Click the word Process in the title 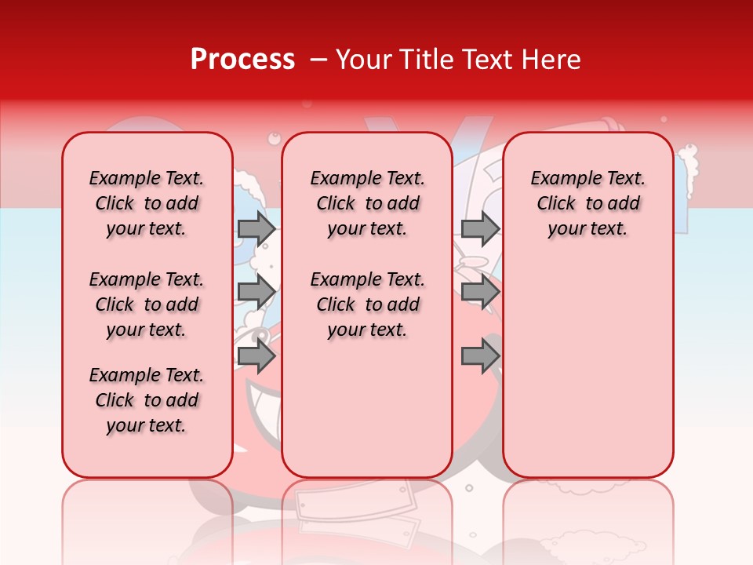tap(242, 60)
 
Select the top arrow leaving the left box tap(256, 228)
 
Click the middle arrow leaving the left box tap(256, 292)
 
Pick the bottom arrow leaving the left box tap(256, 356)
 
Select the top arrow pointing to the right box tap(480, 228)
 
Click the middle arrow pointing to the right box tap(480, 292)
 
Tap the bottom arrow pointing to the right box tap(480, 356)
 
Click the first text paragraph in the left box tap(147, 203)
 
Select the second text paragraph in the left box tap(147, 304)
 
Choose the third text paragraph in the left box tap(147, 400)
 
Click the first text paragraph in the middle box tap(367, 203)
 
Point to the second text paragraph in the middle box tap(367, 304)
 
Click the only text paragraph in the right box tap(587, 203)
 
